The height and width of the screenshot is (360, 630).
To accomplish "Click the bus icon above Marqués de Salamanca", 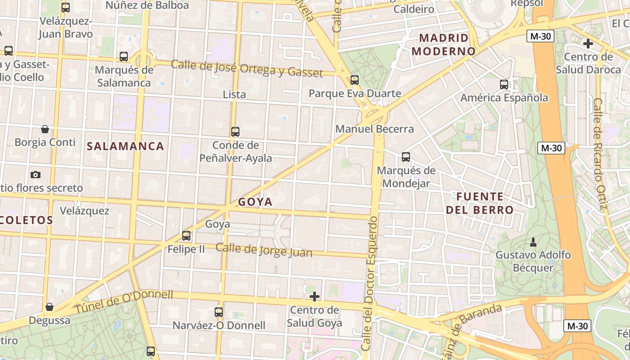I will point(124,57).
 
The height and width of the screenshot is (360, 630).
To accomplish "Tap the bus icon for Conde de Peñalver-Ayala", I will point(235,132).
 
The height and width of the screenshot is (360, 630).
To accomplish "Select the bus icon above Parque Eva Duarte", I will point(355,80).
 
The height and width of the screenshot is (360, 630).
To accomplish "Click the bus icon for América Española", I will point(504,84).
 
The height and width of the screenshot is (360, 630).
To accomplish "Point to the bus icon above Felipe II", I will point(186,235).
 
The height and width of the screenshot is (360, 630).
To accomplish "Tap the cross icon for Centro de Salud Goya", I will point(315,297).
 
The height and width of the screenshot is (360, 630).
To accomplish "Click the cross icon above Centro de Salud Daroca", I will point(588,44).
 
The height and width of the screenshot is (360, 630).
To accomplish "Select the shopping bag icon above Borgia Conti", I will point(45,129).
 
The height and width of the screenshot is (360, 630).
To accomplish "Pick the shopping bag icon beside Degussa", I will point(49,307).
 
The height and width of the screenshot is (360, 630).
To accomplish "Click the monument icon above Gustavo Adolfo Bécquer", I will point(533,242).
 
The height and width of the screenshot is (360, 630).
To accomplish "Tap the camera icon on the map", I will point(36,175).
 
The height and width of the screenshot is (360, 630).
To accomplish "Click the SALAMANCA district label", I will point(125,146).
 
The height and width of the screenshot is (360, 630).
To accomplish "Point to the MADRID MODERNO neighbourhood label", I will point(444,45).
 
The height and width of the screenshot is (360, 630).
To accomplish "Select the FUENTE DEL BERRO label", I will point(480,203).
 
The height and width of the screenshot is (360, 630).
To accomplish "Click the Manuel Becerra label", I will point(374,129).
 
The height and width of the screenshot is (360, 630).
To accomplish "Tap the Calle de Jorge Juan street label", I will point(264,250).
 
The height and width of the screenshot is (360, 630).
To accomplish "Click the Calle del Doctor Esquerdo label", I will point(369,283).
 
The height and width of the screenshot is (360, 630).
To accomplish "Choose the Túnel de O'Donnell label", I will point(124,302).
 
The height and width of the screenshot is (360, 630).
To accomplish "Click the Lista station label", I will point(234,94).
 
